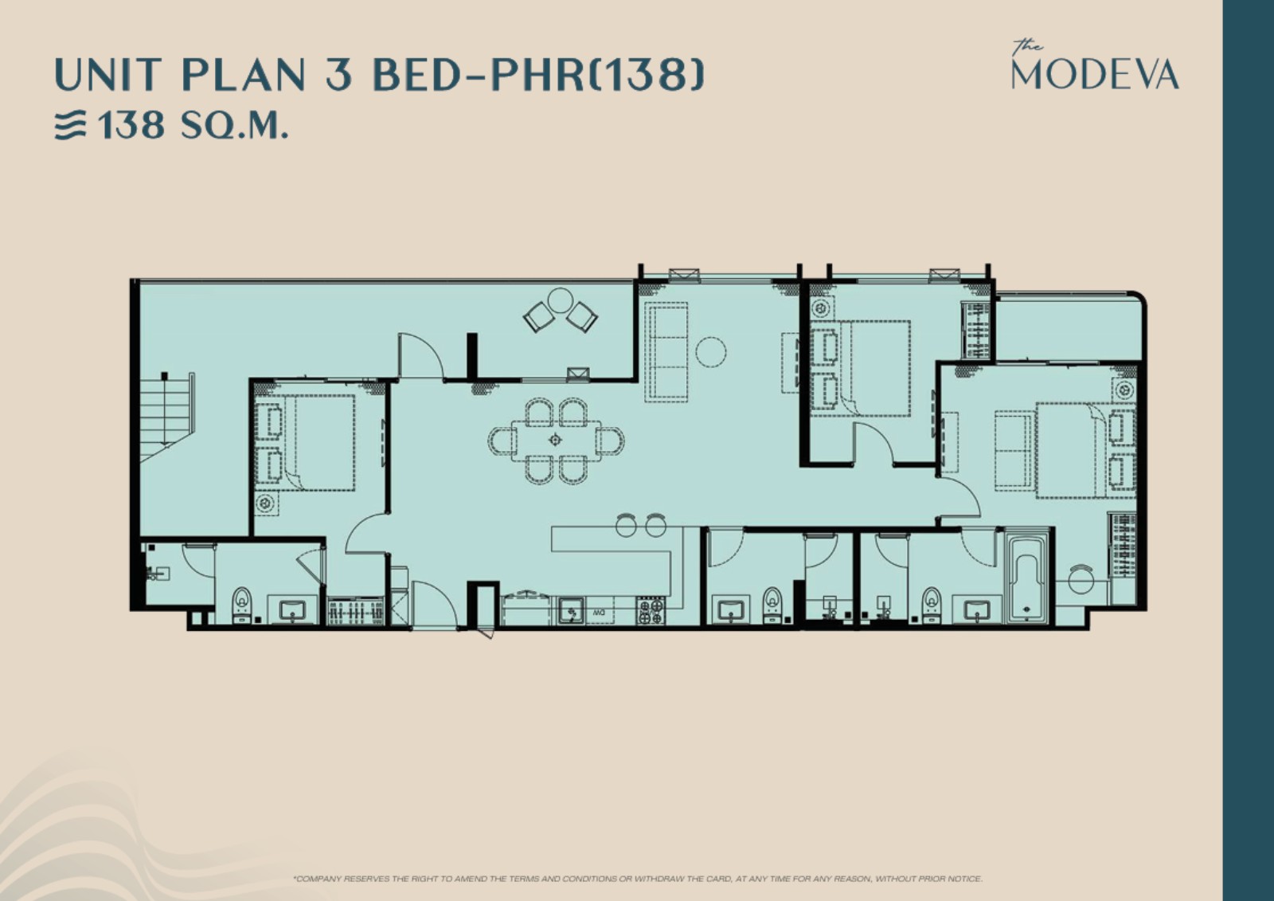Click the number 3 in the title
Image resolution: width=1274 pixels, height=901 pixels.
(341, 75)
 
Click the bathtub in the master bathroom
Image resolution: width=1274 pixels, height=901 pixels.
(1026, 577)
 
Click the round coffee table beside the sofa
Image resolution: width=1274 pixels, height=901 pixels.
(710, 352)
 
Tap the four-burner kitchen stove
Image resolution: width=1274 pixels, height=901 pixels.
(651, 611)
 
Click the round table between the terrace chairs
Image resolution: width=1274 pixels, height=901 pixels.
(561, 300)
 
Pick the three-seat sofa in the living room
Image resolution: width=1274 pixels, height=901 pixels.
(666, 351)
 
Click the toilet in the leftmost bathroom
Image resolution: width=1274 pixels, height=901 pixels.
(242, 605)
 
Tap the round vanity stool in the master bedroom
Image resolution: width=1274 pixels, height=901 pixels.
(1081, 579)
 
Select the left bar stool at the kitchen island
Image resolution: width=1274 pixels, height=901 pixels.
(626, 525)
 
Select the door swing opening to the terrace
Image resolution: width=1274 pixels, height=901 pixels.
(421, 355)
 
